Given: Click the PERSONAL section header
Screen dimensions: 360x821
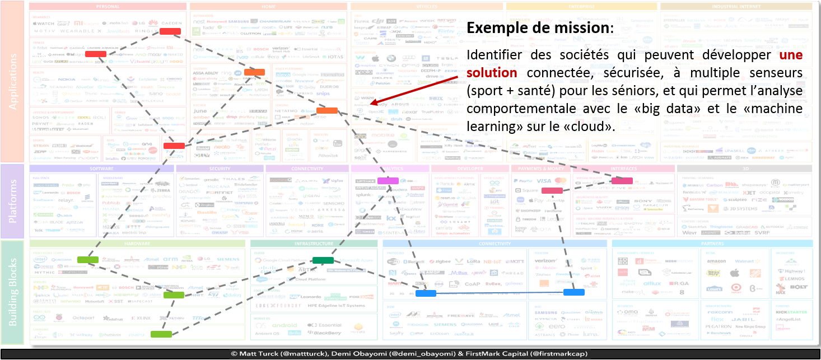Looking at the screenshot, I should tap(108, 7).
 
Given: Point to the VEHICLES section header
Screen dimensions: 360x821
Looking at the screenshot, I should tap(427, 7).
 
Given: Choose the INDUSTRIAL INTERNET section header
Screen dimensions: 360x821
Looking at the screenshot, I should tap(736, 7).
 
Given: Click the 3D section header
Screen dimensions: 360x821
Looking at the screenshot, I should tap(744, 169).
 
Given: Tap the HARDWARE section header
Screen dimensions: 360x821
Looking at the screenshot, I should tap(137, 244).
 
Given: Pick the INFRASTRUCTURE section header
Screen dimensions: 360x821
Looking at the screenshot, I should tap(314, 244).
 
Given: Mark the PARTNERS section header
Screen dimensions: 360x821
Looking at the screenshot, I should tap(712, 244).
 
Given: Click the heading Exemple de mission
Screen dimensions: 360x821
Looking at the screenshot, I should tap(539, 28).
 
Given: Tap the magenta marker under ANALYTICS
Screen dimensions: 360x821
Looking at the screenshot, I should tap(388, 180).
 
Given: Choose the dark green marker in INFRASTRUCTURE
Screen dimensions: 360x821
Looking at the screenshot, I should tap(323, 260).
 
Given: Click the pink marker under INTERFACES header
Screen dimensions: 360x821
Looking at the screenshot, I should tap(622, 181).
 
